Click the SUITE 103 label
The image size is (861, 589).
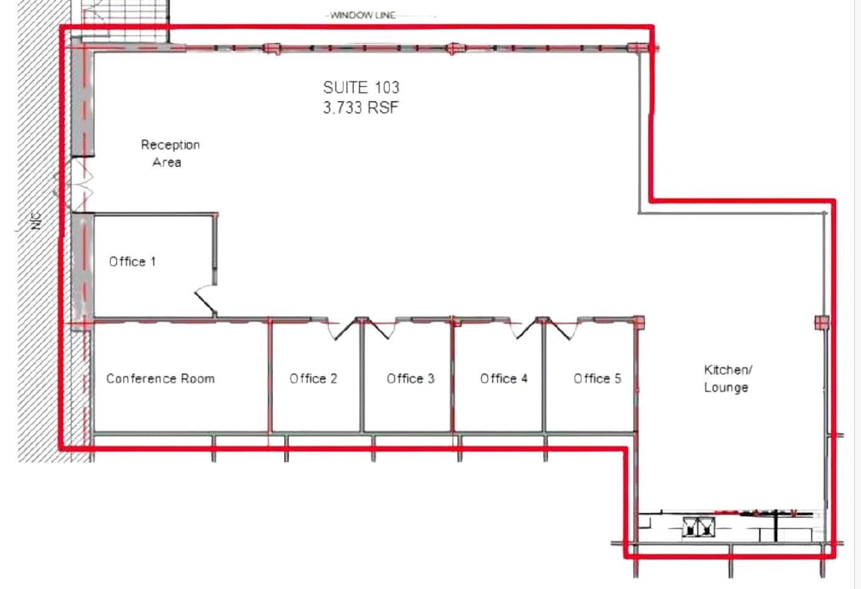click(x=361, y=87)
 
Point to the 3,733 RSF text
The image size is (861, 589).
click(x=360, y=108)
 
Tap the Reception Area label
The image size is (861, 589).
click(x=169, y=153)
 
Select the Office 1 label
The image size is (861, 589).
click(x=132, y=262)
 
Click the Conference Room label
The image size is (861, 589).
click(x=160, y=379)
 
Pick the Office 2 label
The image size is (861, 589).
click(x=313, y=379)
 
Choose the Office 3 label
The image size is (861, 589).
click(x=410, y=379)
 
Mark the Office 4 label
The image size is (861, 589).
click(x=504, y=379)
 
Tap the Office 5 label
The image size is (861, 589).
click(x=597, y=379)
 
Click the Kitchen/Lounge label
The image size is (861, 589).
click(x=727, y=379)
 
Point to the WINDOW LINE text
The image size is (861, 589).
click(x=363, y=15)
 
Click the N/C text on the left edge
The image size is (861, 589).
click(x=36, y=221)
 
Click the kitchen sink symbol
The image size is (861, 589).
click(x=699, y=527)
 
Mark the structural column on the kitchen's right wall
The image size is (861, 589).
click(x=822, y=323)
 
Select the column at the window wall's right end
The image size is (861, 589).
click(x=635, y=48)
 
